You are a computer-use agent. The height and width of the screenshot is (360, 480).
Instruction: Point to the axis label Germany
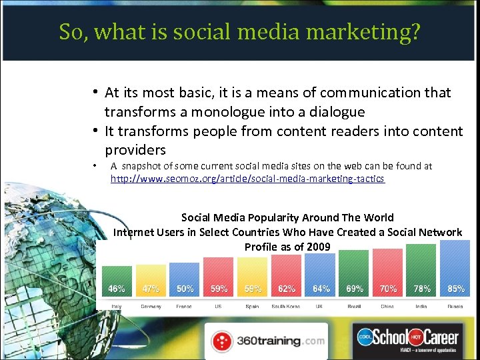coord(151,306)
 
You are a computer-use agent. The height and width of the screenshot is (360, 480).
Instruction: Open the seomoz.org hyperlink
coord(247,179)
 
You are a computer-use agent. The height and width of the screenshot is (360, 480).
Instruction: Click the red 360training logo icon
coord(223,341)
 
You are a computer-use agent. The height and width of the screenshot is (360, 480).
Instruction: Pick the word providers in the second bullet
coord(135,149)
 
